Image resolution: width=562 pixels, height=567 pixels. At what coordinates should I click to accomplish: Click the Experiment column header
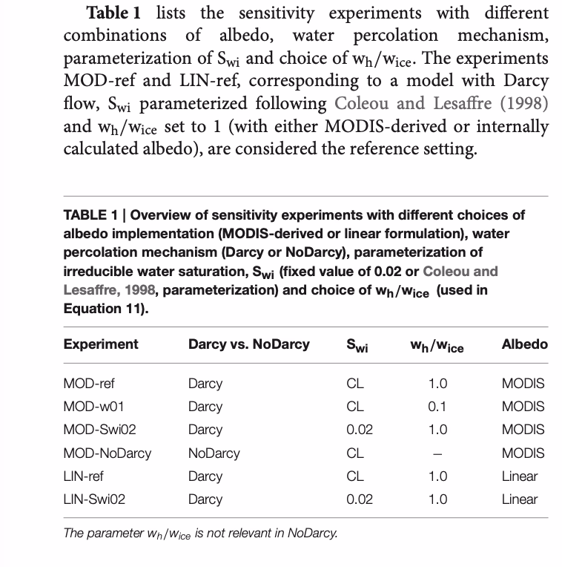coord(101,344)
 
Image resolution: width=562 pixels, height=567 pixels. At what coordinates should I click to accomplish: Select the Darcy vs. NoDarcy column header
coord(249,344)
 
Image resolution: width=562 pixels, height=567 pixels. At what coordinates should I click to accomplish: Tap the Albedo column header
coord(524,344)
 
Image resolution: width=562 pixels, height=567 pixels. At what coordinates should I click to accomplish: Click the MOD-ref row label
coord(89,384)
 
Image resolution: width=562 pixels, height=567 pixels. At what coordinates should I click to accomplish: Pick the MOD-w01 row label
coord(91,407)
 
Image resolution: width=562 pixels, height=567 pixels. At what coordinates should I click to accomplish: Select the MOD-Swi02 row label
coord(99,430)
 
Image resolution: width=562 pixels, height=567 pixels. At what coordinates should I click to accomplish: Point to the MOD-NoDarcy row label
coord(107,453)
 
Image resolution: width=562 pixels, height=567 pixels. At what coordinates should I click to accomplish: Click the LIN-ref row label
coord(83,476)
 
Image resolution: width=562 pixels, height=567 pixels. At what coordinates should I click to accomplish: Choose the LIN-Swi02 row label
coord(94,499)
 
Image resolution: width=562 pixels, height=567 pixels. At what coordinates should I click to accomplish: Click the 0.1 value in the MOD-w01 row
coord(437,407)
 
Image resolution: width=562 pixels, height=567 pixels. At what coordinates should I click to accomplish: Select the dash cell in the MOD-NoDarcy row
coord(437,453)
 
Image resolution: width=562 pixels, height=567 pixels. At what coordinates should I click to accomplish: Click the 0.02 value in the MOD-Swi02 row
coord(360,430)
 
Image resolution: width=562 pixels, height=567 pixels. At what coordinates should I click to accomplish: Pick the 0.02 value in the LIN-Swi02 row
coord(360,499)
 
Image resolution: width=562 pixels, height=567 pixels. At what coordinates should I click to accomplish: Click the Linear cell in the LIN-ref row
coord(519,476)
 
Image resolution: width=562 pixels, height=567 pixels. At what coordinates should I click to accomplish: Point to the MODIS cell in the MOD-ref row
coord(523,384)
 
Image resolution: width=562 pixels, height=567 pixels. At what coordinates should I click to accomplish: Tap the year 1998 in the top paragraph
coord(523,103)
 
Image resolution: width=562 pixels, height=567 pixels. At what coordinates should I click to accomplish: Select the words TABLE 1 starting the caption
coord(90,215)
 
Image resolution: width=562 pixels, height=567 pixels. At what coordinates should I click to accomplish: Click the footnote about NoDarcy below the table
coord(200,532)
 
